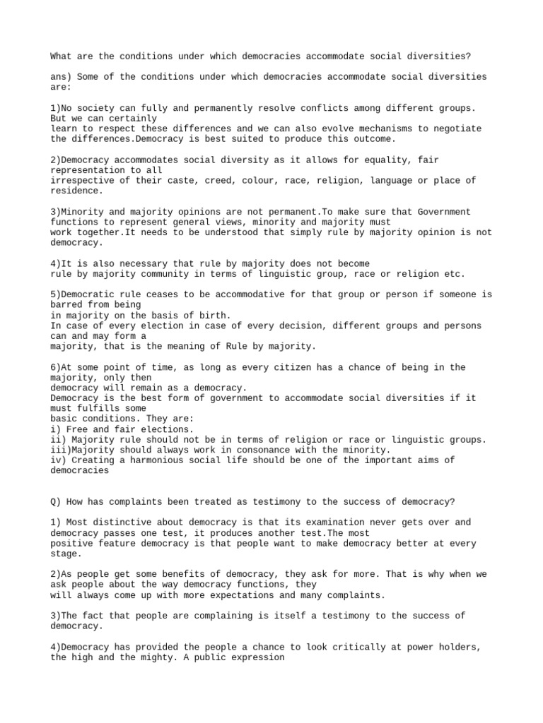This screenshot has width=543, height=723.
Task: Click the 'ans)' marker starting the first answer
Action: point(61,77)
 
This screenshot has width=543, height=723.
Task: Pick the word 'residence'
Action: point(74,191)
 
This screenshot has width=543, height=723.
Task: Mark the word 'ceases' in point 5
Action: point(159,294)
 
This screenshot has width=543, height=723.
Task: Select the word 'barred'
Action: point(66,305)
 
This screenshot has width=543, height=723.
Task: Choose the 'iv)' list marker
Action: point(59,460)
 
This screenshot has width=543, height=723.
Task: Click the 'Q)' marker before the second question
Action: point(56,502)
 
